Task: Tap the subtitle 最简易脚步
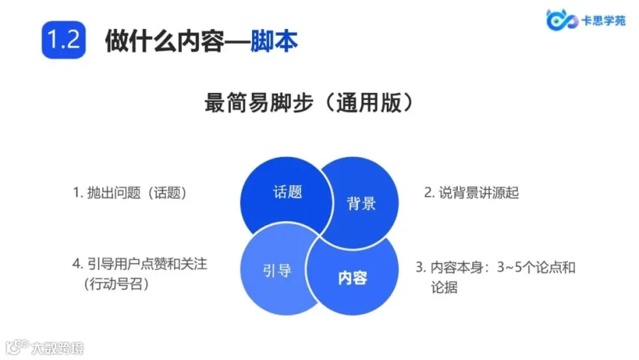(x=249, y=102)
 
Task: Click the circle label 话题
(x=288, y=192)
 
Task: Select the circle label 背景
(x=361, y=204)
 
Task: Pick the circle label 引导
(x=276, y=271)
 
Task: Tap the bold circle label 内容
(x=353, y=278)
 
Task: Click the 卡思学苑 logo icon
(x=559, y=20)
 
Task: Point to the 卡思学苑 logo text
(x=603, y=20)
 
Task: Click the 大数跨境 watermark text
(x=57, y=348)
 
